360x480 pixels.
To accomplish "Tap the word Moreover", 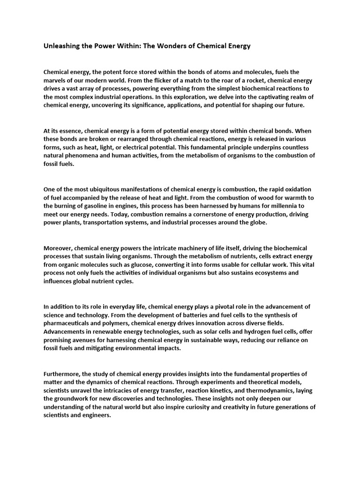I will [59, 247].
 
